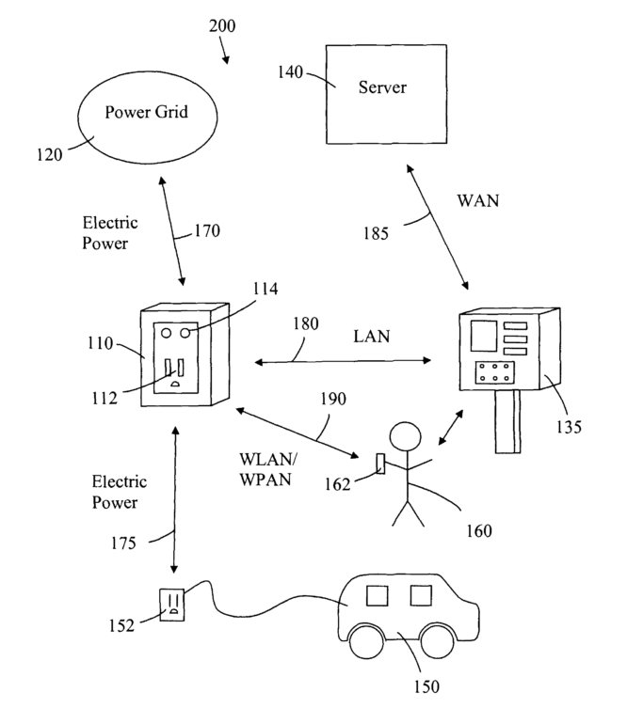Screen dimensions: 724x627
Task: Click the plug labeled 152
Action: click(171, 602)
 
